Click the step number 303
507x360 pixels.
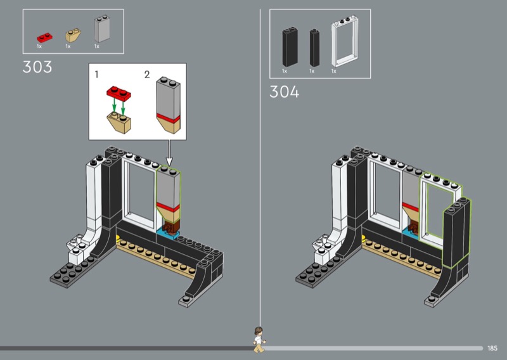coord(37,67)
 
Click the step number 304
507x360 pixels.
coord(285,92)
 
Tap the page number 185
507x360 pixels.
coord(493,348)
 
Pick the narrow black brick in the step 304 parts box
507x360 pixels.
coord(313,47)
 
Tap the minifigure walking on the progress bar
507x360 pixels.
coord(259,339)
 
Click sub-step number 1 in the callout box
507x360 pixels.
coord(96,74)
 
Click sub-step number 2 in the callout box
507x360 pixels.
coord(147,74)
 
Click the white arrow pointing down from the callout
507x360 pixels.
coord(169,152)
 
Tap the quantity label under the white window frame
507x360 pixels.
coord(334,71)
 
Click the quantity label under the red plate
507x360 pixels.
coord(39,46)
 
